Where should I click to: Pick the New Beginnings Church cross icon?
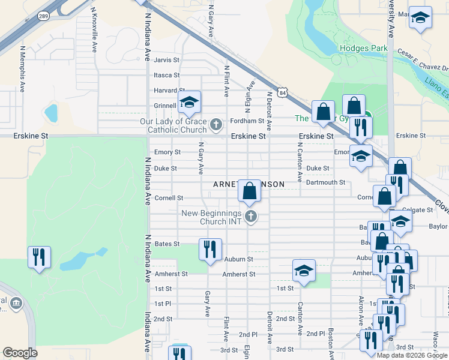pyautogui.click(x=251, y=217)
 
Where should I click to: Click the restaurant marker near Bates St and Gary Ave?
pyautogui.click(x=210, y=248)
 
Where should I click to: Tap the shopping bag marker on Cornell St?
pyautogui.click(x=249, y=190)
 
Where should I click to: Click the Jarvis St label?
pyautogui.click(x=167, y=60)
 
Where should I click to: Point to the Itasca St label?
pyautogui.click(x=167, y=75)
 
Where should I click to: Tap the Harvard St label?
pyautogui.click(x=166, y=91)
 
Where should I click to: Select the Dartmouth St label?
pyautogui.click(x=325, y=182)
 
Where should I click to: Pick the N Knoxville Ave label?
pyautogui.click(x=94, y=30)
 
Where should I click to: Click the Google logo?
pyautogui.click(x=20, y=353)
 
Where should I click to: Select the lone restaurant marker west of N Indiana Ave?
pyautogui.click(x=39, y=257)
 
